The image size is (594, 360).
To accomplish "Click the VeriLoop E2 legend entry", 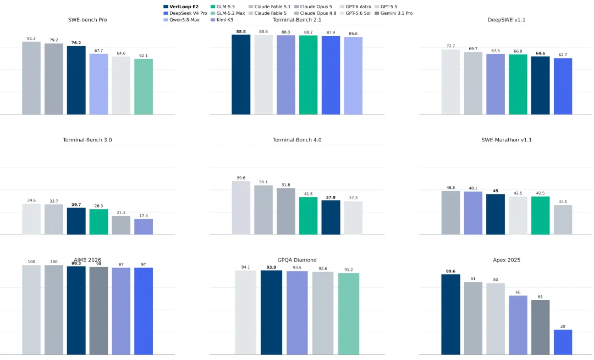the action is [181, 7].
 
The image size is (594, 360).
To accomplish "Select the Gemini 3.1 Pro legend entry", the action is [393, 13].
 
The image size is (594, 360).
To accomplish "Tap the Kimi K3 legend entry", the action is [222, 20].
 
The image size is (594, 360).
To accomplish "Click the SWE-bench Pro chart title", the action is [87, 20].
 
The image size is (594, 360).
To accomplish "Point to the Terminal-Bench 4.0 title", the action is [297, 140].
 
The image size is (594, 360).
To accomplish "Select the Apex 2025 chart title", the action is [507, 260].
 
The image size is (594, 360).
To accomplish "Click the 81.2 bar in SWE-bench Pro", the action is [31, 78].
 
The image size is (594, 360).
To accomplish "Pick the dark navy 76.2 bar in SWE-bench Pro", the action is [76, 80].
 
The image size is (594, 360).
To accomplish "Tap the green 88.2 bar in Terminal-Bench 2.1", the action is [309, 75].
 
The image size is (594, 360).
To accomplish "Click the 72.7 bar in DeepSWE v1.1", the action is [450, 82].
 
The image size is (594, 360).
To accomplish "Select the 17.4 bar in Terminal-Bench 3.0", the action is [144, 227].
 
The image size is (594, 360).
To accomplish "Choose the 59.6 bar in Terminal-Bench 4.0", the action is [241, 208].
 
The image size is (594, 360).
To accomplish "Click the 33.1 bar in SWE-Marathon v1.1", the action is [563, 220].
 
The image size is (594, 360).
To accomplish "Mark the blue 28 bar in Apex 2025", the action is [563, 342].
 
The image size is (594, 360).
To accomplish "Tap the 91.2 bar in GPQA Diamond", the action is [349, 314].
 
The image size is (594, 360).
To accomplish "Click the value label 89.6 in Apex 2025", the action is [451, 271].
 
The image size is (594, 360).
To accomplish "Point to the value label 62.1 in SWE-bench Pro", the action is [144, 56].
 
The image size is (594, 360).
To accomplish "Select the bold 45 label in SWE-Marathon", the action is [496, 191].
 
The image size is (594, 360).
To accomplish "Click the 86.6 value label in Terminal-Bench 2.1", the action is [353, 34].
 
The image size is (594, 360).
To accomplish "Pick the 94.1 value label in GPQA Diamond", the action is [245, 267].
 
